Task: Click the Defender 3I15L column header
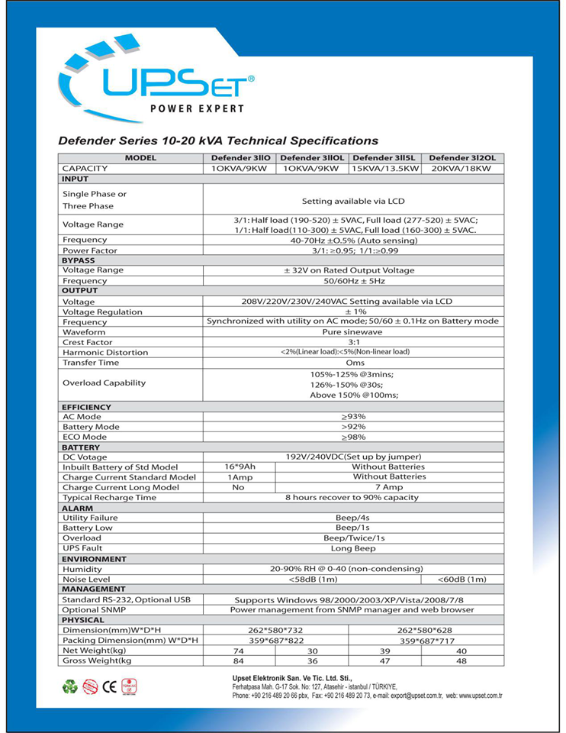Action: [x=384, y=158]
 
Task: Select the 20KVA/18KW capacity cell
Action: [x=461, y=168]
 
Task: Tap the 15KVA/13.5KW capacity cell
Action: [x=384, y=168]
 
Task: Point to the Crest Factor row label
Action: [x=87, y=343]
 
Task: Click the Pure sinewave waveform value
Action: [x=353, y=333]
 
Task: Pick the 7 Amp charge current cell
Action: [x=389, y=487]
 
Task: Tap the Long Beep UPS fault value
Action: [x=353, y=548]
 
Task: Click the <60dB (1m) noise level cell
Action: [x=462, y=579]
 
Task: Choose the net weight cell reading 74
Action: [x=238, y=651]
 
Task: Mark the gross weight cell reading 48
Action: [x=461, y=660]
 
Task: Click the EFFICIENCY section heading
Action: [x=86, y=407]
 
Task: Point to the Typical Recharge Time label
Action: [x=109, y=497]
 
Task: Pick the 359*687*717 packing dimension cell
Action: [x=427, y=641]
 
